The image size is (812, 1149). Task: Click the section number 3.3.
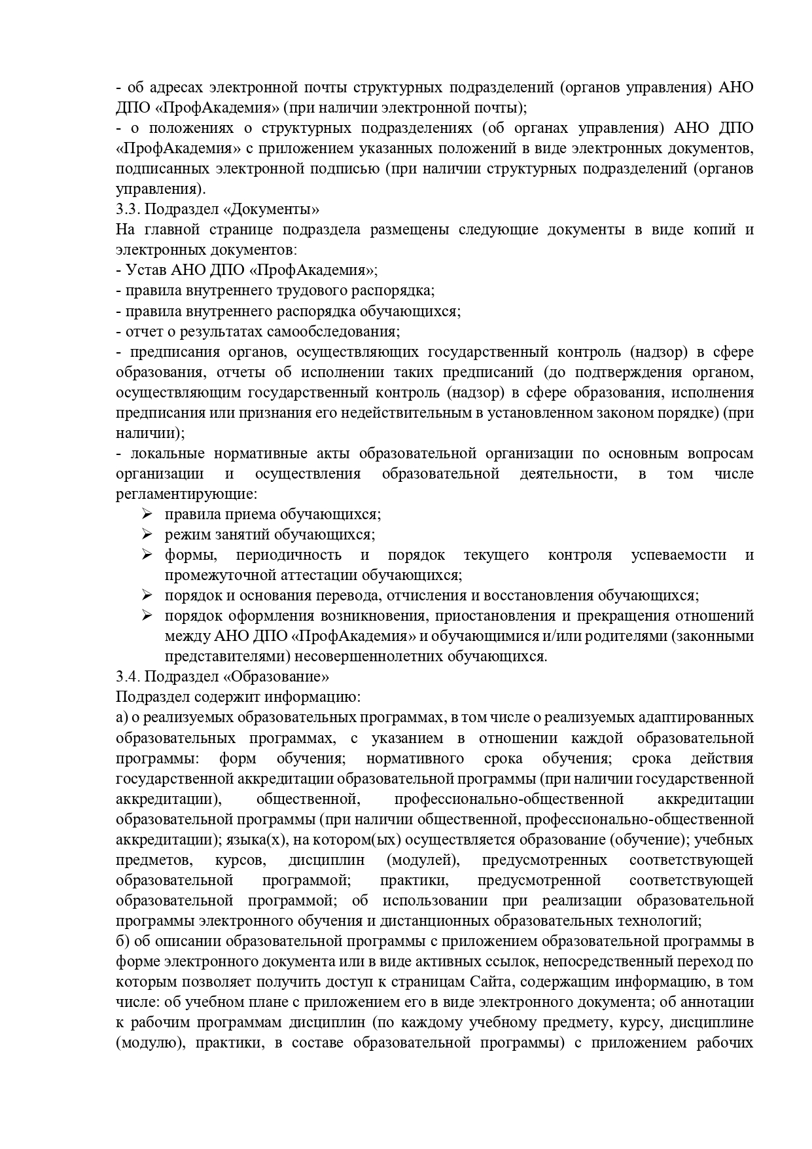coord(127,210)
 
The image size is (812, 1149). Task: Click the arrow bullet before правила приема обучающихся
coord(147,514)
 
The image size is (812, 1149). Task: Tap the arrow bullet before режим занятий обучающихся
coord(147,534)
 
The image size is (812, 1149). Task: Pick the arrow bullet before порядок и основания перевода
coord(147,595)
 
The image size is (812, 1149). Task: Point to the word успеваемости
coord(679,555)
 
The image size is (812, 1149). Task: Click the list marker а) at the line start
coord(122,718)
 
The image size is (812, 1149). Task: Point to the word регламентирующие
coord(186,494)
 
